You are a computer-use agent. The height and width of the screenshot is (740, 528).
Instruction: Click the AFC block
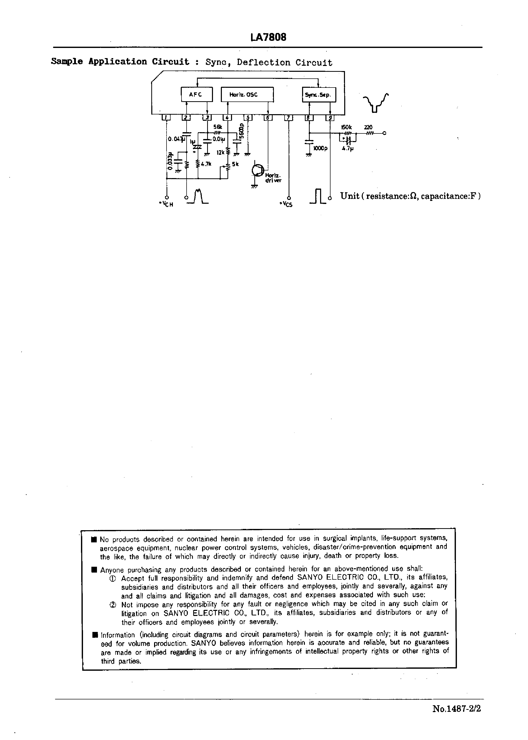click(196, 95)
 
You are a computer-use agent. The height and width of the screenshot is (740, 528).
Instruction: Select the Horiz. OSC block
click(247, 95)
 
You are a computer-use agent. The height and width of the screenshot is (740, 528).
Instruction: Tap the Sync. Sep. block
click(319, 95)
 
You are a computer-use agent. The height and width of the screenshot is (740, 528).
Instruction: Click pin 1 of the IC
click(166, 118)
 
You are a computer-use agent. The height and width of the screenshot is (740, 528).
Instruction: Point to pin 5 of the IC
click(248, 118)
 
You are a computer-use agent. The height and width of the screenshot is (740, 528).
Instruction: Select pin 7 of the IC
click(289, 118)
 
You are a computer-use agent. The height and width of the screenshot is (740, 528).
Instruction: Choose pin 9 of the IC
click(330, 118)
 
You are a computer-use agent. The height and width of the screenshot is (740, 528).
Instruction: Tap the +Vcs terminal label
click(286, 204)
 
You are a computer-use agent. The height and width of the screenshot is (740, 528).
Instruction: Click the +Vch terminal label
click(166, 204)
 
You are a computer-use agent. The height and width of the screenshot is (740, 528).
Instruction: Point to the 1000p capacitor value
click(320, 148)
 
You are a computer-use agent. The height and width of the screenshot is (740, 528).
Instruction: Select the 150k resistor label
click(346, 127)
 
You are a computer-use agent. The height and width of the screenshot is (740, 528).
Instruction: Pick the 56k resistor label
click(218, 127)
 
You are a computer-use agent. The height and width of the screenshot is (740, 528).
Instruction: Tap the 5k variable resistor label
click(235, 164)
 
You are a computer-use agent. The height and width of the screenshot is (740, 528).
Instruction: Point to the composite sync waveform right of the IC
click(375, 102)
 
